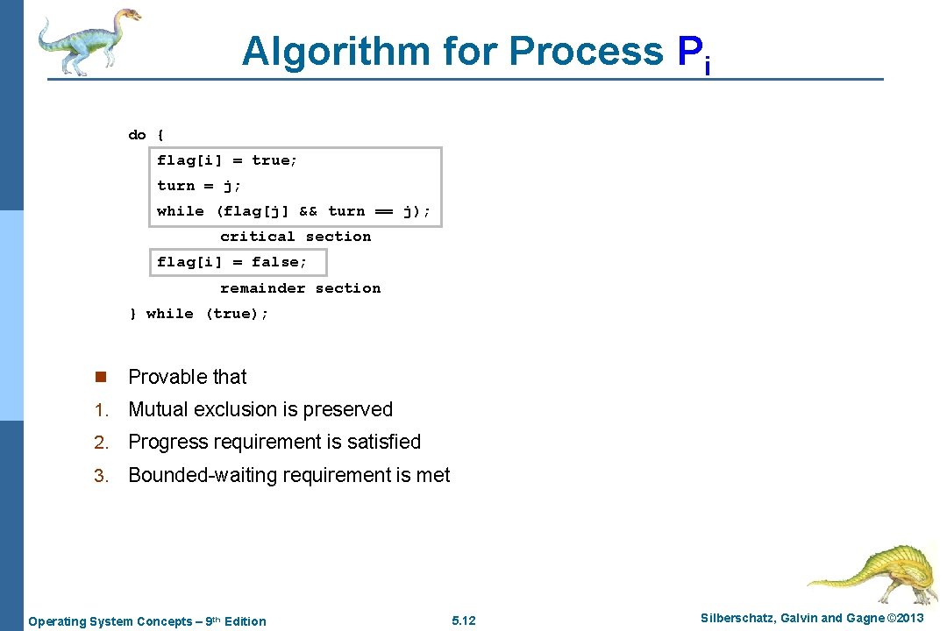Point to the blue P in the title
tap(688, 51)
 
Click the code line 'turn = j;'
tap(199, 186)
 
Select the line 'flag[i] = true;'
tap(227, 160)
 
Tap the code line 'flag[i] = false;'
tap(231, 262)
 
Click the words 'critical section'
tap(295, 237)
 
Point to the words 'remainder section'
tap(300, 288)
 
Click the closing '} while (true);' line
tap(199, 314)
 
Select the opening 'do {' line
tap(146, 135)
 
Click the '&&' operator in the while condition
tap(308, 211)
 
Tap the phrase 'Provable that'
tap(188, 377)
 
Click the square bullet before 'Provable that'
tap(100, 378)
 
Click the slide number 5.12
tap(463, 620)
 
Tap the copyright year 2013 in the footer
tap(906, 619)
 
